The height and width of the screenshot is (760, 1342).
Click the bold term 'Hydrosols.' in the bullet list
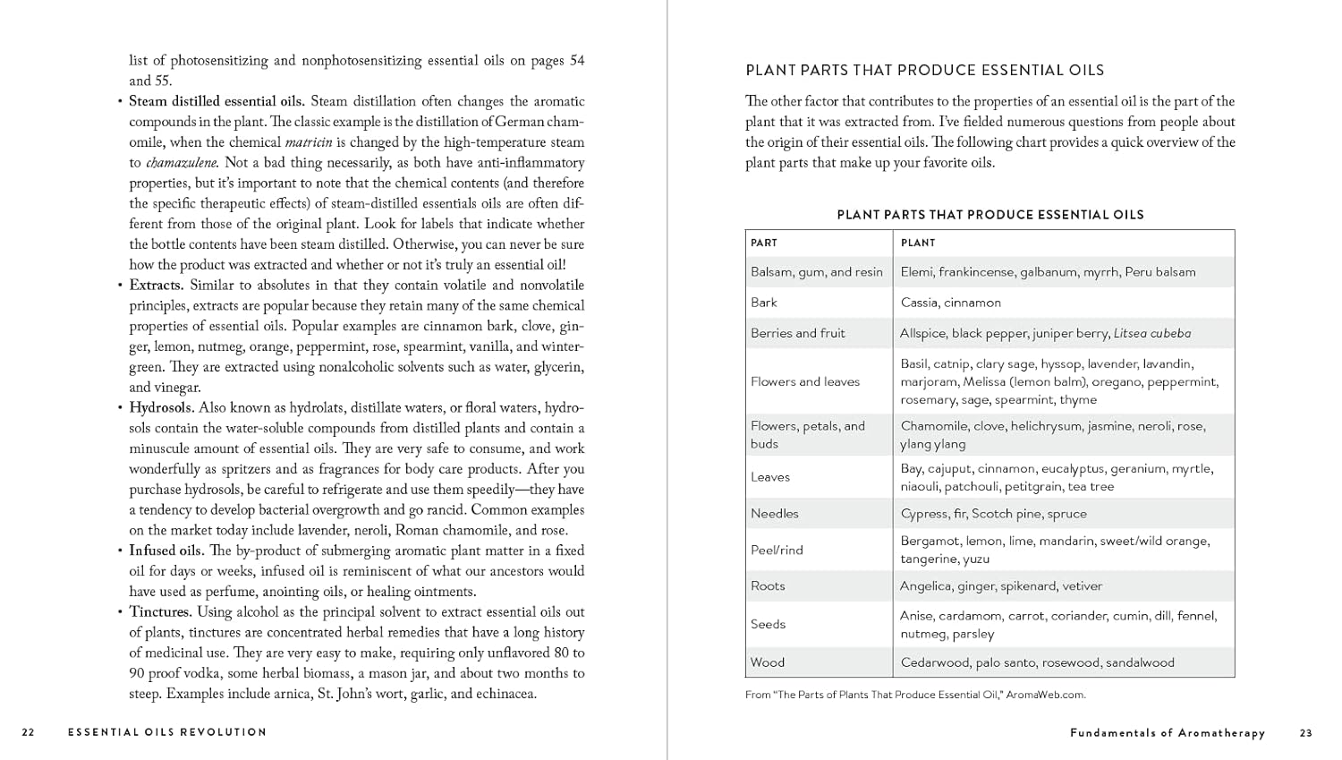click(x=161, y=408)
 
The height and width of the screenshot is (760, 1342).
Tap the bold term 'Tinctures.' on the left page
click(x=161, y=612)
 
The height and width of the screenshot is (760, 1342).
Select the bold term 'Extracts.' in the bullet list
click(x=157, y=286)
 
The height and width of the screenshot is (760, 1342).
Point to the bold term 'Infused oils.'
click(x=166, y=551)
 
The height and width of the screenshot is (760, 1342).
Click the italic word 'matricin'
click(x=309, y=142)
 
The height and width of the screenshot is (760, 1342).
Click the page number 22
click(x=29, y=732)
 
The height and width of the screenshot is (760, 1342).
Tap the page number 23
click(x=1306, y=733)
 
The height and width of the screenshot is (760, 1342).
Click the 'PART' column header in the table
click(x=764, y=243)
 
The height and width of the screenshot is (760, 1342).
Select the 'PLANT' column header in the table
click(x=918, y=243)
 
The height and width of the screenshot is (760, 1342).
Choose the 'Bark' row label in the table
click(x=764, y=303)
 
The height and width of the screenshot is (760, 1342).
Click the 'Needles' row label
click(x=775, y=514)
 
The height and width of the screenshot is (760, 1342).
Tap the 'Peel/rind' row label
click(x=777, y=550)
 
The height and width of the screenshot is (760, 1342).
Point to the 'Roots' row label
click(x=768, y=586)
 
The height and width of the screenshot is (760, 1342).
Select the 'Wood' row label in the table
click(x=768, y=662)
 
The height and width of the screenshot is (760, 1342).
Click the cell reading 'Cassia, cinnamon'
click(x=951, y=303)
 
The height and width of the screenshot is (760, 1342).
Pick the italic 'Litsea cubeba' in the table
click(x=1152, y=333)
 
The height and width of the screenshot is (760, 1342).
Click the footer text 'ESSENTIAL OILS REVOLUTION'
click(x=167, y=732)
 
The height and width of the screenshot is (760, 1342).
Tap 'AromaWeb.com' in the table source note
click(x=1046, y=695)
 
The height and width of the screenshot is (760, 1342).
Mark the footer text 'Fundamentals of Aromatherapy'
click(x=1168, y=733)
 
